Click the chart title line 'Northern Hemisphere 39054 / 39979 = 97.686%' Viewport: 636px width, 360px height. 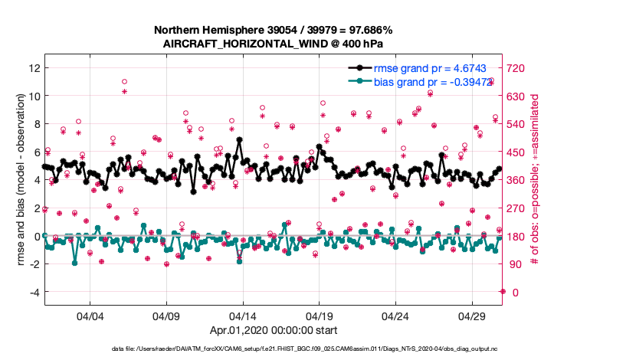point(274,30)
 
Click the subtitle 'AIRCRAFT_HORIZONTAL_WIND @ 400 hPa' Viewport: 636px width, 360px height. point(274,44)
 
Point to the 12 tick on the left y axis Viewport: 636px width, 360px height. point(33,68)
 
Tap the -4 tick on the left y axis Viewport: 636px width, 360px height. point(33,292)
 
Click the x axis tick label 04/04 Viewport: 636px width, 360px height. point(90,316)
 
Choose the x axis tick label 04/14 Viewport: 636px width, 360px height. point(243,316)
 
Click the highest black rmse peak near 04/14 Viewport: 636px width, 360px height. point(240,140)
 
